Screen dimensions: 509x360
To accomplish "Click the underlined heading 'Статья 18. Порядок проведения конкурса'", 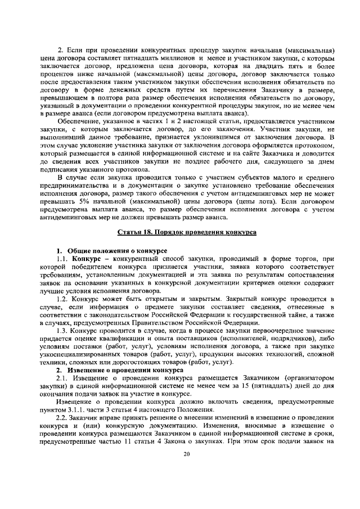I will pos(187,232).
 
